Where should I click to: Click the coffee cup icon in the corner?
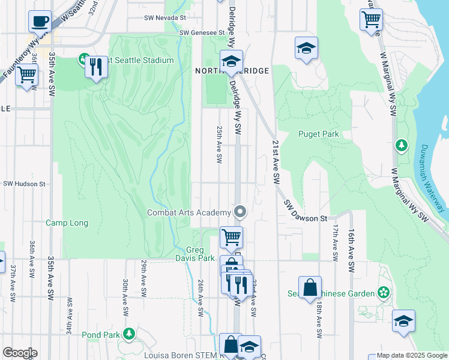coord(40,21)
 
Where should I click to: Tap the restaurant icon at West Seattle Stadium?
coord(95,65)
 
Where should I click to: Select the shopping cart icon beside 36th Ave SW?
coord(26,76)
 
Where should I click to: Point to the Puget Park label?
coord(319,134)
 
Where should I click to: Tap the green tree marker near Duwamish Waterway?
coord(401,146)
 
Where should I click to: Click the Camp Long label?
coord(67,223)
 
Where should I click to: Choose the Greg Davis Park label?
coord(200,254)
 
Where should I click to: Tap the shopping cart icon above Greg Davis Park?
coord(231,236)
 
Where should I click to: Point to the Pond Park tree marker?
coord(128,334)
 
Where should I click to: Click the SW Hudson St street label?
coord(25,184)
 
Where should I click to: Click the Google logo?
coord(20,353)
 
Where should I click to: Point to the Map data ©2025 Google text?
coord(411,356)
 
